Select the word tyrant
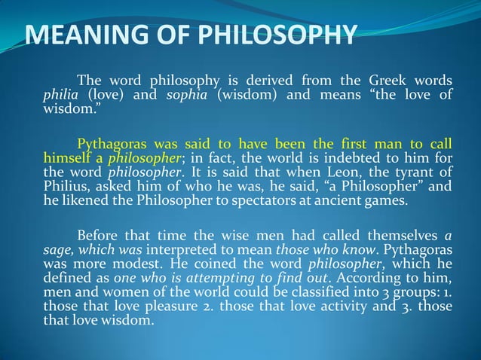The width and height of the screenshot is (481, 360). [418, 172]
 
